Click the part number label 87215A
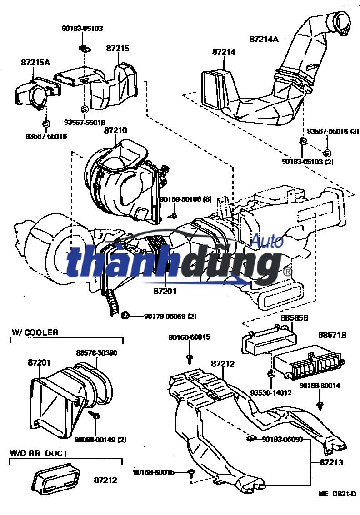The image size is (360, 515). (x=35, y=63)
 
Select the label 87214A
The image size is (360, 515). (x=264, y=39)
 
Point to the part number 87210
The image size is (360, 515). (x=115, y=130)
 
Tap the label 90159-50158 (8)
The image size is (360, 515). (x=185, y=199)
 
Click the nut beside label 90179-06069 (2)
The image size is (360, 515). (x=125, y=315)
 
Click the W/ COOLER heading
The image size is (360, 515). (x=35, y=332)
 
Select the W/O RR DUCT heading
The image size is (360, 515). (x=39, y=453)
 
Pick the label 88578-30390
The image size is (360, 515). (x=95, y=352)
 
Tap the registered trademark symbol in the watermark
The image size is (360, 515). (x=287, y=272)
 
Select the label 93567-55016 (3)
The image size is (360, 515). (x=333, y=131)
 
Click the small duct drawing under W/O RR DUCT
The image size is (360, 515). (x=56, y=479)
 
